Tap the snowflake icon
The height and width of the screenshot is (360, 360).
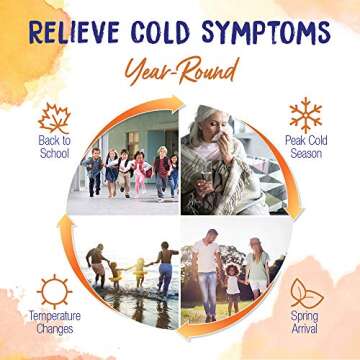point(304,115)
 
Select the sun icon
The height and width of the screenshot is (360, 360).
point(54,292)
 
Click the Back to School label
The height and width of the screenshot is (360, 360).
point(53,146)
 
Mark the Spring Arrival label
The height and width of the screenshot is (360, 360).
point(304,322)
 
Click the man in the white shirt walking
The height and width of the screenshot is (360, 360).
point(207,270)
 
